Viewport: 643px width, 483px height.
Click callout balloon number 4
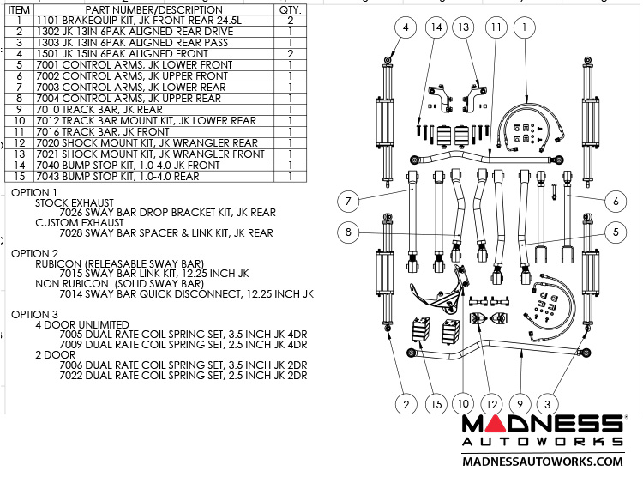coord(405,27)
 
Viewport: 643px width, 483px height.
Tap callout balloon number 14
coord(436,27)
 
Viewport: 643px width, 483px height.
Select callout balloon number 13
coord(465,27)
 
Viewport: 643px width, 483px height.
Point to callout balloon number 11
coord(495,27)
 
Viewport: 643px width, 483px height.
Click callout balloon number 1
coord(524,27)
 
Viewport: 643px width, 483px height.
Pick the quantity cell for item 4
coord(291,53)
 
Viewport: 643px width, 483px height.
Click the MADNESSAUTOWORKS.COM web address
coord(542,461)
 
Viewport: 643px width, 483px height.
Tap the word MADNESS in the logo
coord(542,424)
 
